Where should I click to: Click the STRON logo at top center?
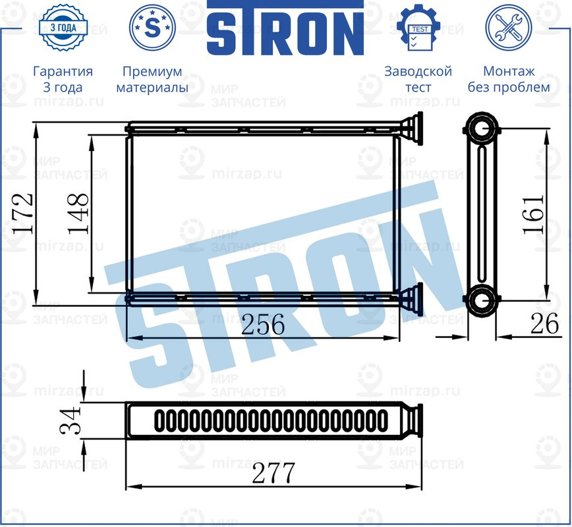click(285, 30)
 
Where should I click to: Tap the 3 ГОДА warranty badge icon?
click(63, 28)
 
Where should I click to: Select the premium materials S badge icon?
click(152, 28)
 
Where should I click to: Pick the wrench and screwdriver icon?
click(508, 28)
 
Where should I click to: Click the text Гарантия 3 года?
click(63, 79)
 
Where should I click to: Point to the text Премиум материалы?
click(152, 79)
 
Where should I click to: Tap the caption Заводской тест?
click(418, 79)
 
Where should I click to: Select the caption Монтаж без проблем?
click(508, 79)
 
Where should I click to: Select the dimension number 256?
click(263, 324)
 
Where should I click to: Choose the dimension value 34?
click(71, 420)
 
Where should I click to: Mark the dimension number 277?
click(273, 473)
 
